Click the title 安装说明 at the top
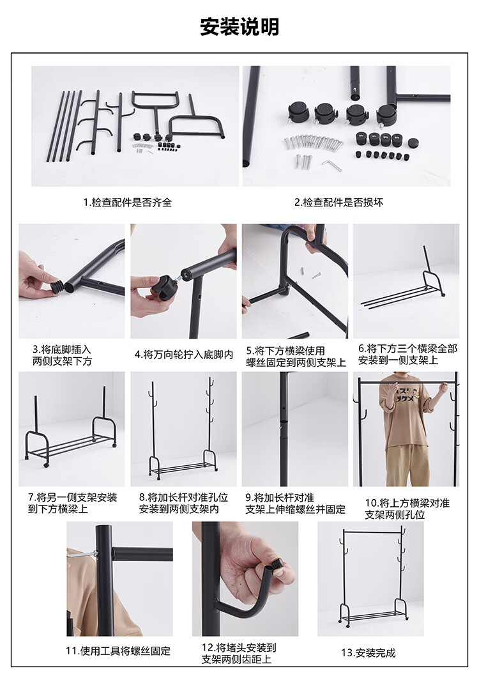240,27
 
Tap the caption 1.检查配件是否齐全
128,202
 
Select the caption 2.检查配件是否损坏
339,202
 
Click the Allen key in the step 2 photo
331,165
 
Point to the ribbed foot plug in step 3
57,286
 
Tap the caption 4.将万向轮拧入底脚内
184,355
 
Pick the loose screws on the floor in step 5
310,273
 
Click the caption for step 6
407,354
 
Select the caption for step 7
73,503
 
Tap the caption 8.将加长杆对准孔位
183,497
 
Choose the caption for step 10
407,509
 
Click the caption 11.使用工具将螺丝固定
118,651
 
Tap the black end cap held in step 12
277,564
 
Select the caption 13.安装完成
369,652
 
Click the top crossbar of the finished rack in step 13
371,532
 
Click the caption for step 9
295,504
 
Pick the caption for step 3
62,355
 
